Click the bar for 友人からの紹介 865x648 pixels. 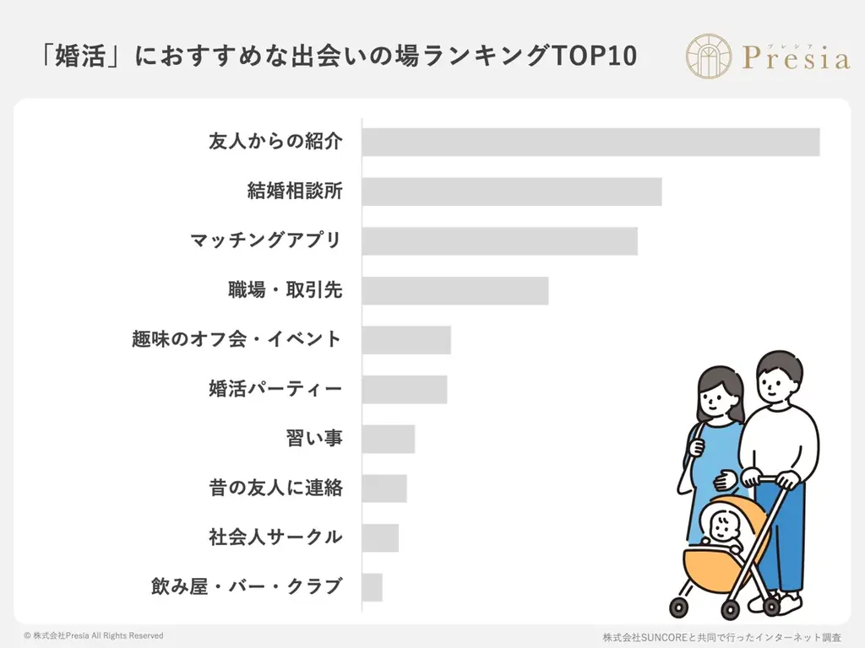coord(590,142)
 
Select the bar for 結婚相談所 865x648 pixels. coord(512,192)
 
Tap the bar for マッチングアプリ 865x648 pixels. coord(499,240)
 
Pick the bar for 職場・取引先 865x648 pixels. coord(455,290)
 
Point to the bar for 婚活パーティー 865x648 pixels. coord(405,390)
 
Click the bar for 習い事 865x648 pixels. coord(389,439)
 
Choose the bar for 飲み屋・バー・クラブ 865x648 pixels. coord(373,587)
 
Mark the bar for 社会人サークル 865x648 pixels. coord(380,537)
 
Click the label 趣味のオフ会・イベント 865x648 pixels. coord(237,339)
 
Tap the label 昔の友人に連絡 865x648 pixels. coord(275,488)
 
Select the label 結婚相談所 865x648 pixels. coord(294,192)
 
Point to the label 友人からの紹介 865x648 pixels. coord(275,142)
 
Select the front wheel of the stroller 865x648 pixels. coord(679,607)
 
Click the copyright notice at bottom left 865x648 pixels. coord(93,635)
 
